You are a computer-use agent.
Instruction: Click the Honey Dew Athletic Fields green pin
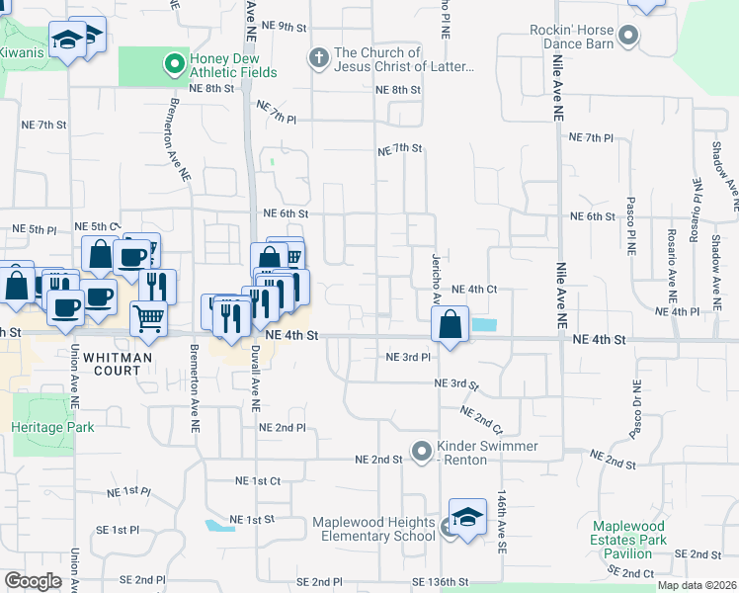pos(175,64)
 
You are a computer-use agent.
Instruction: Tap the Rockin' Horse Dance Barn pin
pos(630,38)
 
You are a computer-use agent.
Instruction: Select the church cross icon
pos(319,58)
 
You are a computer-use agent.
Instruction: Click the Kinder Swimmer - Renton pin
pos(422,453)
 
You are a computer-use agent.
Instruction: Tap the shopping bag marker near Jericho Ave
pos(450,323)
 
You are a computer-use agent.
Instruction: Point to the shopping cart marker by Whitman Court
pos(148,318)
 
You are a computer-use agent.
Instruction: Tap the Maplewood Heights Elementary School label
pos(373,529)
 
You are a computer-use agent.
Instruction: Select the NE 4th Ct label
pos(472,290)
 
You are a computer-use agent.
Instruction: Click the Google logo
pos(33,580)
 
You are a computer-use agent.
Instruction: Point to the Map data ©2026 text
pos(697,585)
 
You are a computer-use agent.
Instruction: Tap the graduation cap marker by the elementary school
pos(467,517)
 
